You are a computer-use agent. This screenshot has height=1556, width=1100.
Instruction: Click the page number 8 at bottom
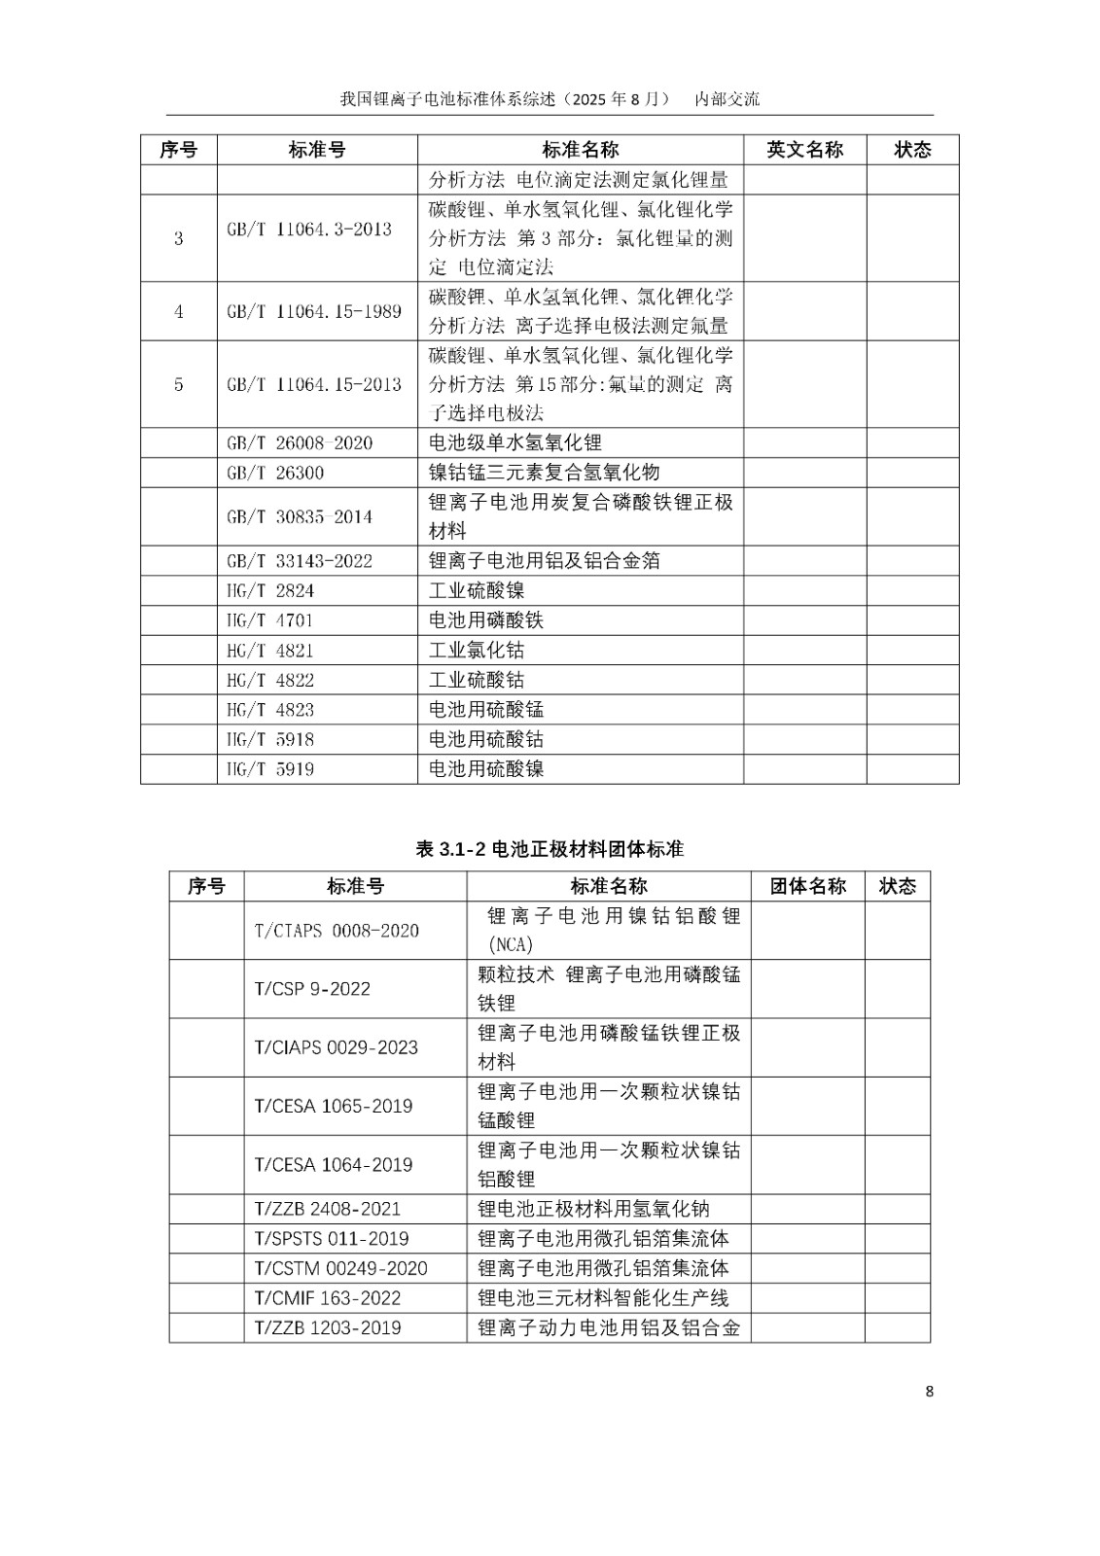(929, 1392)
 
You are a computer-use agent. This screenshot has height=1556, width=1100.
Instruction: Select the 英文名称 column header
(804, 150)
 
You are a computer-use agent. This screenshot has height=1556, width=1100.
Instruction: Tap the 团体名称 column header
(807, 886)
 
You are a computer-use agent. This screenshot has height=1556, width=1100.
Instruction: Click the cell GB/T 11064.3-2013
(309, 230)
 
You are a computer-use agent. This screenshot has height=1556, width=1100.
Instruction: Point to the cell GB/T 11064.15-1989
(313, 311)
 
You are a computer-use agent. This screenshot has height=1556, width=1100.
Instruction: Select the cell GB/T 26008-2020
(300, 443)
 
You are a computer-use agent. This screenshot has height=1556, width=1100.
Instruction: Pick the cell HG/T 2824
(270, 591)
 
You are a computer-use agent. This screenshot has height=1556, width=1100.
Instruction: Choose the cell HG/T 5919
(270, 769)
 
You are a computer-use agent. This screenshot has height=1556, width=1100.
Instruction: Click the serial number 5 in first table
(178, 384)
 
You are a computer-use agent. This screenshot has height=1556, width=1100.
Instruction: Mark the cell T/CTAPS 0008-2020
(337, 931)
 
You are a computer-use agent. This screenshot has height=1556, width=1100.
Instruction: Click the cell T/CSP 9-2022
(312, 989)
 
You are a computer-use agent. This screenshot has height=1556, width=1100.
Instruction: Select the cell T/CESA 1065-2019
(334, 1107)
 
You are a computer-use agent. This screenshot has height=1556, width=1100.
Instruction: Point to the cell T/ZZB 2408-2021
(328, 1209)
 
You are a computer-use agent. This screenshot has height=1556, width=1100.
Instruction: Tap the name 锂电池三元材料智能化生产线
(603, 1298)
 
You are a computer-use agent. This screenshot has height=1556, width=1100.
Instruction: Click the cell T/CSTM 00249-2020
(340, 1268)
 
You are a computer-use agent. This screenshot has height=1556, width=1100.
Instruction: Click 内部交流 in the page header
(727, 99)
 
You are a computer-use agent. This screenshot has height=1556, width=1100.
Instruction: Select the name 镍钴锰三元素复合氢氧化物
(545, 473)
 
